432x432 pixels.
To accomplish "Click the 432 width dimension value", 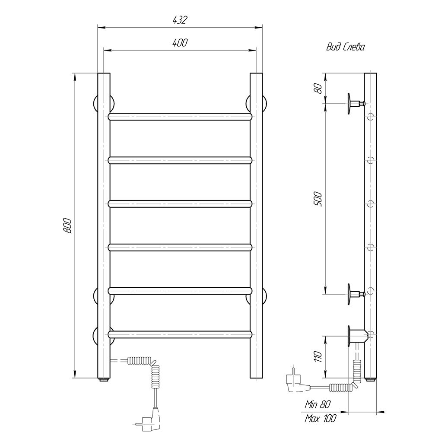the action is coord(180,20).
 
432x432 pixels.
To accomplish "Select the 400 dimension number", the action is coord(180,43).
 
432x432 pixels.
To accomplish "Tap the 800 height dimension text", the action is coord(67,226).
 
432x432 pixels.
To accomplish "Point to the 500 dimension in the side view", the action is coord(318,199).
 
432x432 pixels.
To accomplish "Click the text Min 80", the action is coord(318,404).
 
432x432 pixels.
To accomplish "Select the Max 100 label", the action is coord(321,419).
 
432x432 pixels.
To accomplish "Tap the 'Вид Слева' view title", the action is coord(346,47).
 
